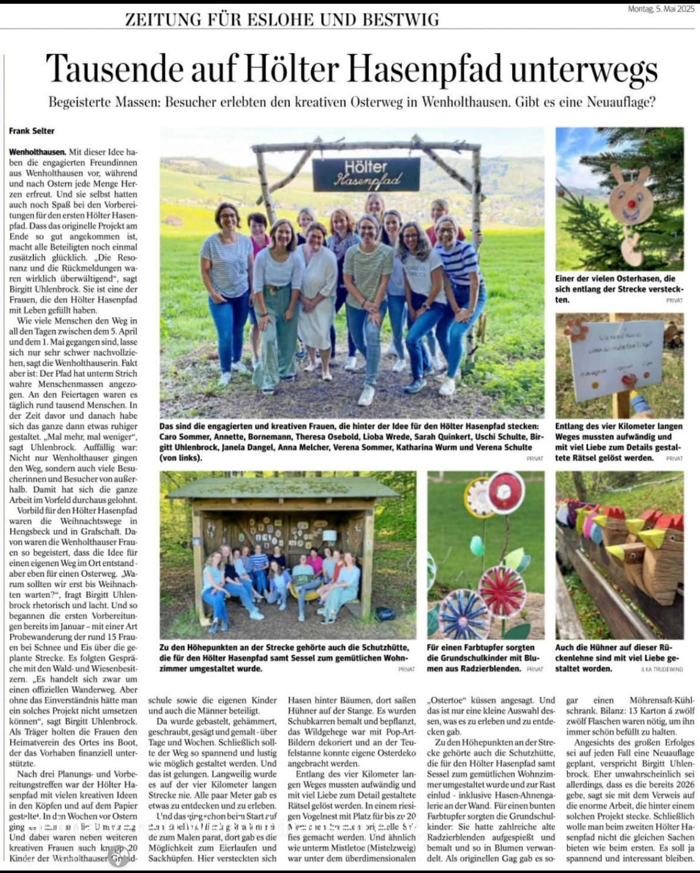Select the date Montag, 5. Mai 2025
[x=661, y=9]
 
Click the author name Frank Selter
[x=32, y=131]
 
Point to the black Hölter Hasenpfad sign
[x=366, y=174]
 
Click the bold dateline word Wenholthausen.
[x=37, y=152]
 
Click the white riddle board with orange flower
[x=616, y=361]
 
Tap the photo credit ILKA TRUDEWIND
[x=662, y=669]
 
